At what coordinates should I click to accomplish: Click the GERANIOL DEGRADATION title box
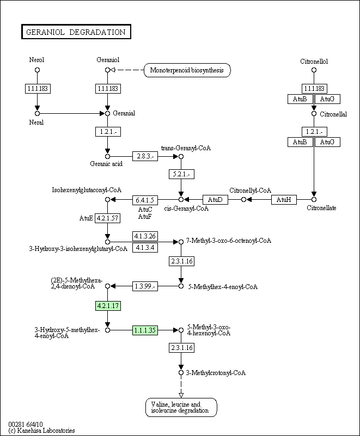pyautogui.click(x=76, y=32)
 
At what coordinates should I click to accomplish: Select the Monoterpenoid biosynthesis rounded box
pyautogui.click(x=187, y=70)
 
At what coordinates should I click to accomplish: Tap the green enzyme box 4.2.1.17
pyautogui.click(x=107, y=306)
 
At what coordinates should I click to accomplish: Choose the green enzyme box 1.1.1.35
pyautogui.click(x=145, y=330)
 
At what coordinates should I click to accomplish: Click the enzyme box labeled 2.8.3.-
pyautogui.click(x=145, y=156)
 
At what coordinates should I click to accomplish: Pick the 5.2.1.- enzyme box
pyautogui.click(x=181, y=175)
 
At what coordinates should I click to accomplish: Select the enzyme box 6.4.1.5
pyautogui.click(x=145, y=200)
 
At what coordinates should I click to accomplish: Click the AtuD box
pyautogui.click(x=215, y=200)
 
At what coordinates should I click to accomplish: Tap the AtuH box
pyautogui.click(x=284, y=200)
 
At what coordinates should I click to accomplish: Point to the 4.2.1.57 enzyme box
pyautogui.click(x=107, y=218)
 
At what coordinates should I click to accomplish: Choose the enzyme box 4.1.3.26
pyautogui.click(x=145, y=236)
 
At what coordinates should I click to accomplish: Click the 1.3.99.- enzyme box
pyautogui.click(x=145, y=286)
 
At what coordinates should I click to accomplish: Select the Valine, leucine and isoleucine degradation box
pyautogui.click(x=181, y=408)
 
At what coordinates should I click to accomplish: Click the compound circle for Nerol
pyautogui.click(x=37, y=70)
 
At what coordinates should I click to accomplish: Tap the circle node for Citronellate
pyautogui.click(x=314, y=200)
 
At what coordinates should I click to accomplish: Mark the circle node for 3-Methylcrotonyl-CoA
pyautogui.click(x=181, y=373)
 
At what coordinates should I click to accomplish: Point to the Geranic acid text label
pyautogui.click(x=106, y=164)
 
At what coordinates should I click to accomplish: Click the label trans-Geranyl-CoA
pyautogui.click(x=186, y=148)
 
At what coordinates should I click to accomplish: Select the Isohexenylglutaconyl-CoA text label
pyautogui.click(x=87, y=191)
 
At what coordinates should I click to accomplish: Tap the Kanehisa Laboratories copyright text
pyautogui.click(x=41, y=431)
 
